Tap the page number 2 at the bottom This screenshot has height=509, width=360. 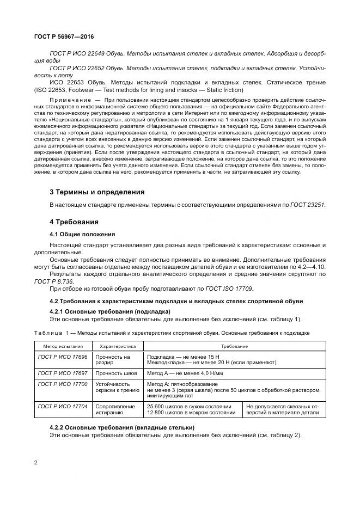click(35, 463)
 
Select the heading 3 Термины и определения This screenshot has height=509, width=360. click(97, 192)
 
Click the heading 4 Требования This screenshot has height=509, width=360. click(74, 222)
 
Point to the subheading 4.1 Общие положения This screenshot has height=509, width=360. click(82, 235)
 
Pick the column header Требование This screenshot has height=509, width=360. click(234, 346)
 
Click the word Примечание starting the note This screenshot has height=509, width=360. click(68, 101)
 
